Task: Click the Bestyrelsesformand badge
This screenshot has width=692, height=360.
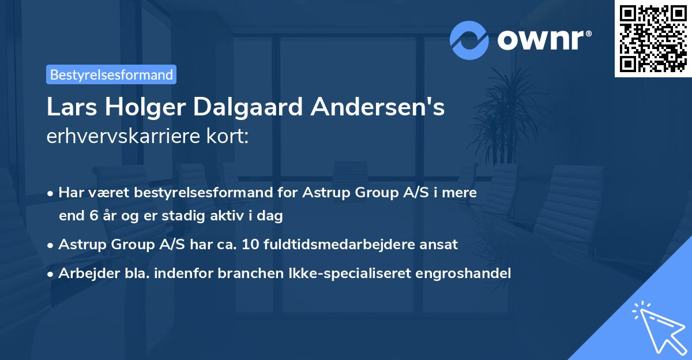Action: [x=111, y=74]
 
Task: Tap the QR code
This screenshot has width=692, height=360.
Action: [x=652, y=39]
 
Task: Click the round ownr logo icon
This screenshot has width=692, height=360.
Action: [x=469, y=40]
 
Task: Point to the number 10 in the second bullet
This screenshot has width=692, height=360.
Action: [x=251, y=244]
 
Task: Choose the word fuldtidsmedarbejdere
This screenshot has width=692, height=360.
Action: [x=341, y=244]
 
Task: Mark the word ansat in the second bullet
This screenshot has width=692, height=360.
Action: [x=441, y=244]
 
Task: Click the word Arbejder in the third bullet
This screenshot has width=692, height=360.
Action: [x=84, y=273]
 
